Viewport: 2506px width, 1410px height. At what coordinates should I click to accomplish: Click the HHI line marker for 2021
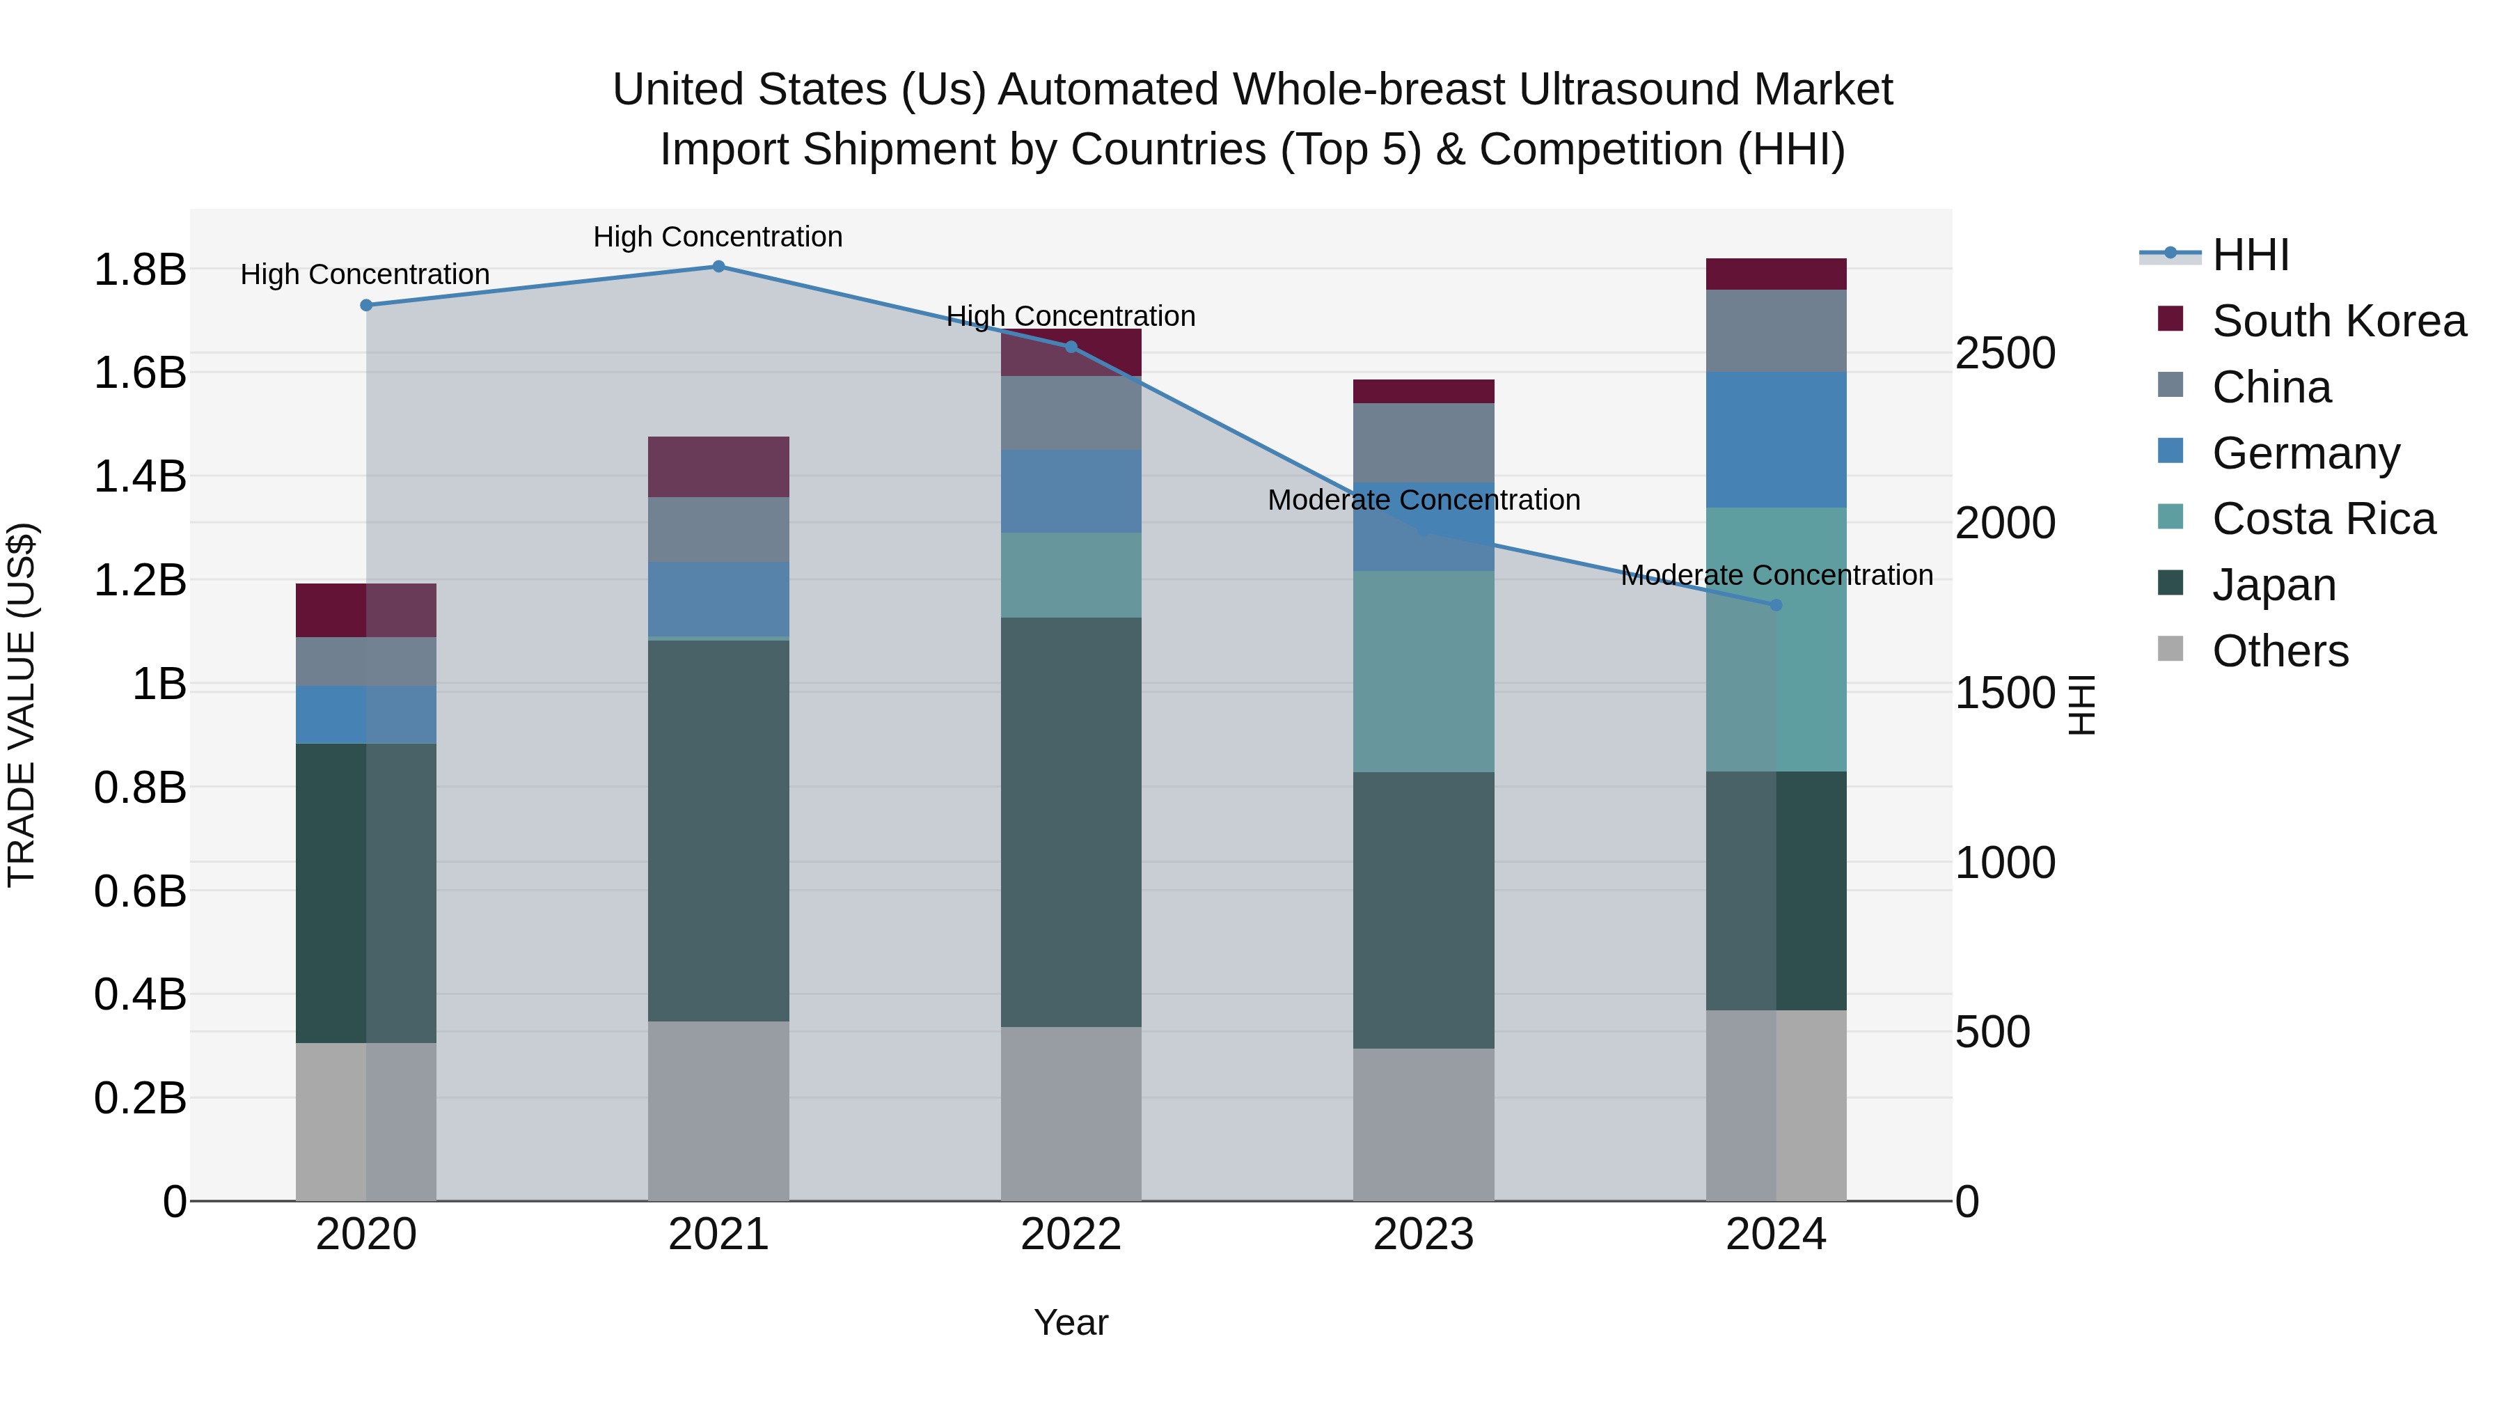click(x=718, y=267)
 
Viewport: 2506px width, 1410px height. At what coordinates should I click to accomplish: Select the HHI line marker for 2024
click(x=1775, y=605)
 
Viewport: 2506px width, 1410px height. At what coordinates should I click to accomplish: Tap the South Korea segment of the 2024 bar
click(x=1775, y=274)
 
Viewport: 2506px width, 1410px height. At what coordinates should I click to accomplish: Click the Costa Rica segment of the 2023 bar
click(x=1424, y=671)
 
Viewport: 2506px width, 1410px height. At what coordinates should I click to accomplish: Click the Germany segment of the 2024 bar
click(x=1775, y=440)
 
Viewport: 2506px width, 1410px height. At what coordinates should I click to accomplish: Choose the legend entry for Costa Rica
click(x=2322, y=519)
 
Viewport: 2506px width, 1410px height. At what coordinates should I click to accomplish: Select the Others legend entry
click(x=2279, y=651)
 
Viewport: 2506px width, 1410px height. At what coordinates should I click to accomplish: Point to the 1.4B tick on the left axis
click(x=140, y=477)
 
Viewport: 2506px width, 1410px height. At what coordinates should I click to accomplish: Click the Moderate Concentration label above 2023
click(x=1424, y=500)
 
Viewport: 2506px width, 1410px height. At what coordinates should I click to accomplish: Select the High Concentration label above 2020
click(x=365, y=274)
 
